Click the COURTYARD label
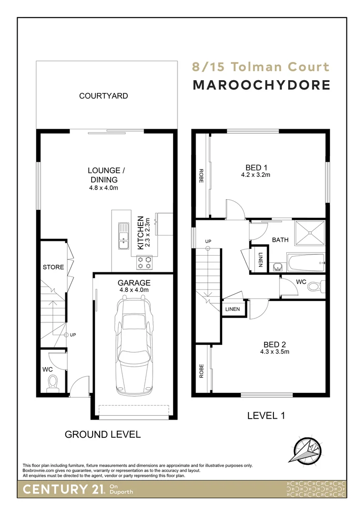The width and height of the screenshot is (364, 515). (x=104, y=96)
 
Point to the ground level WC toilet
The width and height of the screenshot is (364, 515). (x=52, y=382)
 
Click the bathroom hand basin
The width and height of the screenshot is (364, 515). (x=278, y=266)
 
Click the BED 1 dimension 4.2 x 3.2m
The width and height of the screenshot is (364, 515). (x=256, y=175)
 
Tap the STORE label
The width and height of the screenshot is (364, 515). (x=53, y=267)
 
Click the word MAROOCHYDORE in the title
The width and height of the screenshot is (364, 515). (x=261, y=85)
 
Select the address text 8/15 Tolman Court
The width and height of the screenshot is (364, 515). (x=260, y=67)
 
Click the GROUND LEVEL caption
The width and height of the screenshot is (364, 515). (x=103, y=434)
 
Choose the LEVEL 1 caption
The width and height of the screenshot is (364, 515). (x=266, y=415)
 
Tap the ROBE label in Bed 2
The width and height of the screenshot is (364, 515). (x=202, y=371)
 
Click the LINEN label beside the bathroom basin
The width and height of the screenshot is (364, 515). (x=260, y=259)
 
